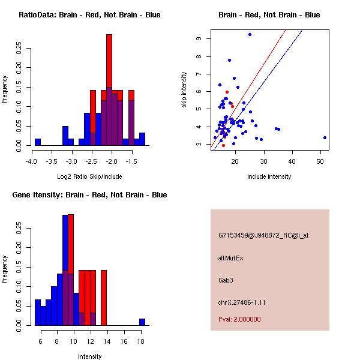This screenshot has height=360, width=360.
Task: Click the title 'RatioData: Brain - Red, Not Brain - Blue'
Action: pyautogui.click(x=89, y=15)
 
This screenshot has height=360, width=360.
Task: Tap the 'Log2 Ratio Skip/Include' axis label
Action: pyautogui.click(x=89, y=176)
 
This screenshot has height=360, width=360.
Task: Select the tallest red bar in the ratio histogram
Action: pyautogui.click(x=109, y=60)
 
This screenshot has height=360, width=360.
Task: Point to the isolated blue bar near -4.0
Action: pyautogui.click(x=38, y=142)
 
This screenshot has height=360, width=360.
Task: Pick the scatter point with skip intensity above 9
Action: pyautogui.click(x=250, y=35)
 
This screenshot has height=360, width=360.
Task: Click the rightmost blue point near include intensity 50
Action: pyautogui.click(x=325, y=137)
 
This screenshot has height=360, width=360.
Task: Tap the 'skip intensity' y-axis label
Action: pyautogui.click(x=185, y=90)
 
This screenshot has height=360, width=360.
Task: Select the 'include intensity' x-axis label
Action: pyautogui.click(x=269, y=176)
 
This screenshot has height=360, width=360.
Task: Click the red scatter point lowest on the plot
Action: pyautogui.click(x=224, y=145)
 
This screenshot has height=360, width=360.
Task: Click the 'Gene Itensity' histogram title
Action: pyautogui.click(x=88, y=195)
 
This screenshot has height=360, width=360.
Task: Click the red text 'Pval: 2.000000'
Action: pyautogui.click(x=239, y=319)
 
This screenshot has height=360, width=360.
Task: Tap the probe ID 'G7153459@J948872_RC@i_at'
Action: pyautogui.click(x=263, y=236)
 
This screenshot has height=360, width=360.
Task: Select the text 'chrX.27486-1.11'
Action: pyautogui.click(x=242, y=302)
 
